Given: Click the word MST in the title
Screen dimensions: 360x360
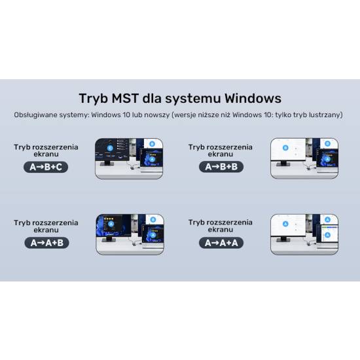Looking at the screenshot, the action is [x=125, y=98].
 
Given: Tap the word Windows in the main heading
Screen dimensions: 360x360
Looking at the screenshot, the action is [x=253, y=98].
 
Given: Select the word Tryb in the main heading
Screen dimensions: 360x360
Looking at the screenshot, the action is [x=94, y=99].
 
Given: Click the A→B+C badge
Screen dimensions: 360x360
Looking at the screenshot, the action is [x=46, y=167].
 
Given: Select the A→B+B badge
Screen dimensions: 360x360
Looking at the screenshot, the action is [x=221, y=167].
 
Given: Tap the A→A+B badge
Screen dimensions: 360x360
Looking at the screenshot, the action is [x=46, y=243].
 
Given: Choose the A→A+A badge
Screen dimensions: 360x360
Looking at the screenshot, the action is [x=221, y=243].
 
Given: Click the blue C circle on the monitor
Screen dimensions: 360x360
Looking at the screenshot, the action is [x=110, y=148].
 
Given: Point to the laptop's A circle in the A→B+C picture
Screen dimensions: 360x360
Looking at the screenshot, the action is [x=152, y=159].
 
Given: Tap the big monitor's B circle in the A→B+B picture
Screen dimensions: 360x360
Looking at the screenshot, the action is [x=285, y=148].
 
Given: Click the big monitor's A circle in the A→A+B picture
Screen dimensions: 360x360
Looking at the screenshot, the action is [x=111, y=224].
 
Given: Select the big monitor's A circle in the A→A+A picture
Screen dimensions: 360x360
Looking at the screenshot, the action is [x=285, y=224].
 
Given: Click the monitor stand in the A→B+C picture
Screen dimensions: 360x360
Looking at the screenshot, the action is [x=107, y=163].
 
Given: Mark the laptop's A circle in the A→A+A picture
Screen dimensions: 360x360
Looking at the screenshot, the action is [x=327, y=235].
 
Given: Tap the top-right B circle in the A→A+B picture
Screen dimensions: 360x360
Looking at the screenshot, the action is [x=153, y=220].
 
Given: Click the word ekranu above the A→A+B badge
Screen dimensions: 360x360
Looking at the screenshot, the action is [x=46, y=230].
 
